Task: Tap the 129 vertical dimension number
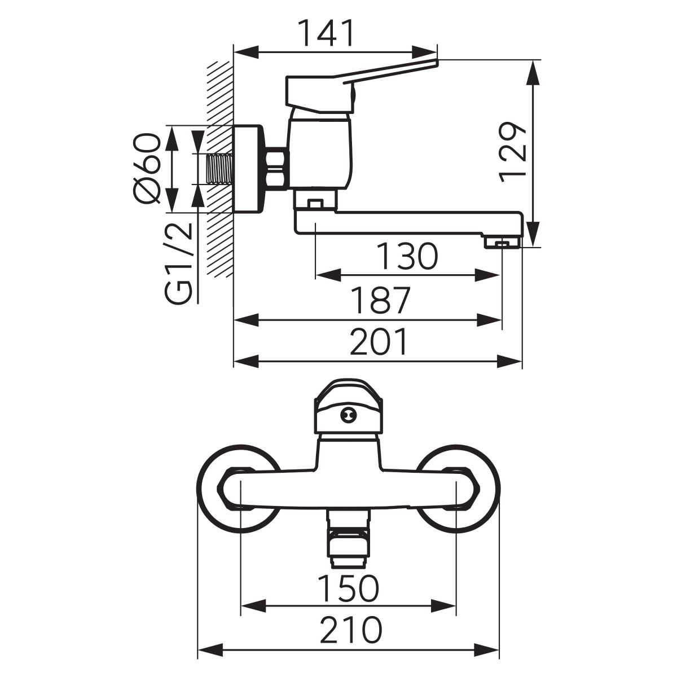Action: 513,152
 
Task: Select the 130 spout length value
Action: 407,256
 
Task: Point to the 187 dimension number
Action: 381,300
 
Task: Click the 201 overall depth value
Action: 379,341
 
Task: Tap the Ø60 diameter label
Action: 147,168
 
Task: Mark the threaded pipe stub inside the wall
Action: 220,169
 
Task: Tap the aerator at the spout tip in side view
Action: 503,243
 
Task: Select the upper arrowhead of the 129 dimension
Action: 534,72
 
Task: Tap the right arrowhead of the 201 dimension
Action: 510,361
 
